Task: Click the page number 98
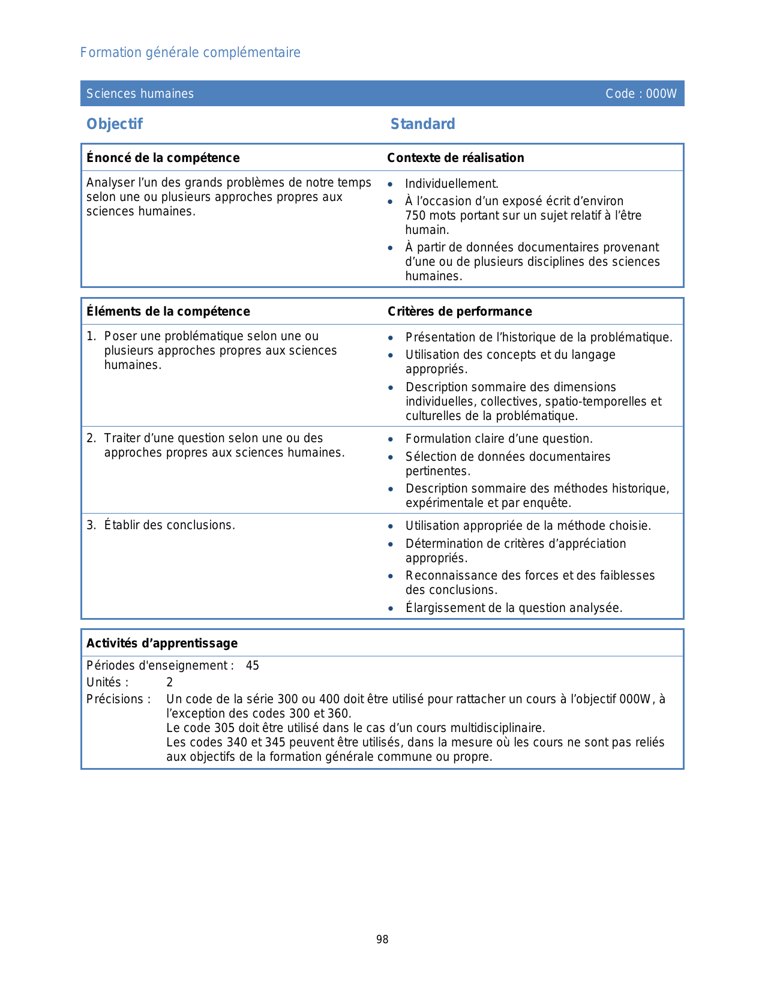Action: point(382,940)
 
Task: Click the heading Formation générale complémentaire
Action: point(190,53)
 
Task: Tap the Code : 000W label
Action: point(641,94)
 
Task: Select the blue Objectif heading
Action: point(115,124)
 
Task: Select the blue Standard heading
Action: point(422,124)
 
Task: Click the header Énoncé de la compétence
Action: point(163,158)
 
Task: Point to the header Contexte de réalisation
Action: point(455,158)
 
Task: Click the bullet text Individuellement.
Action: point(452,184)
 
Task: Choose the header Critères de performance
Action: point(460,311)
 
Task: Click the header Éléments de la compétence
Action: point(168,311)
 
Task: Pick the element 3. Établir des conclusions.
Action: point(161,525)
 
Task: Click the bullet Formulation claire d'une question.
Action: point(499,439)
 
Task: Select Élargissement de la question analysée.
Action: point(514,608)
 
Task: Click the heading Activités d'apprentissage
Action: point(162,643)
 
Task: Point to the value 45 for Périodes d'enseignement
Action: point(253,665)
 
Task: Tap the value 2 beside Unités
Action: point(170,682)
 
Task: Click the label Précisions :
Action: point(118,699)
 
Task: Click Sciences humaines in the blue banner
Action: point(140,94)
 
